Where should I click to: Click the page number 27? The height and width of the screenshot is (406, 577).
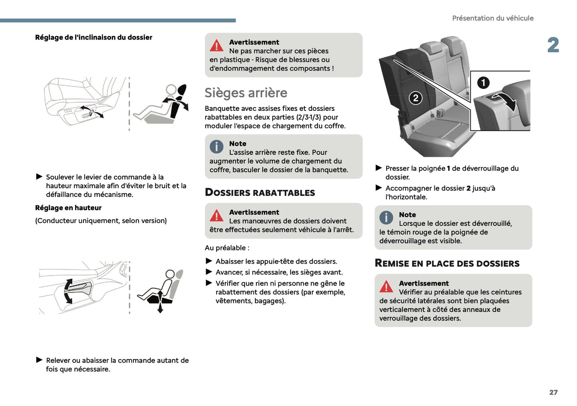pyautogui.click(x=553, y=392)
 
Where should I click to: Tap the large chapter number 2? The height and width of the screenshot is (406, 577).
pyautogui.click(x=553, y=45)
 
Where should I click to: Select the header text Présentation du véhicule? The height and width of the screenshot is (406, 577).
pyautogui.click(x=492, y=18)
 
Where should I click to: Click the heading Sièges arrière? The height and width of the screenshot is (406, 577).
pyautogui.click(x=246, y=93)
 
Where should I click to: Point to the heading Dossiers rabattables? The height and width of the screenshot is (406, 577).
pyautogui.click(x=260, y=193)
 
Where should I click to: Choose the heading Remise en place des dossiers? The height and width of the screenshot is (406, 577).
pyautogui.click(x=447, y=264)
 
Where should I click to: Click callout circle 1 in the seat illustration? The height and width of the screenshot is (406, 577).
pyautogui.click(x=483, y=83)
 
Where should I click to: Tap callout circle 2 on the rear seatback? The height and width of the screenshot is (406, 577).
pyautogui.click(x=415, y=98)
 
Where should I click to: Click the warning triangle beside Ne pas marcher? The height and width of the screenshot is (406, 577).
pyautogui.click(x=216, y=46)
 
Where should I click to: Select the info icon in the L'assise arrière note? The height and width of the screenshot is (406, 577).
pyautogui.click(x=216, y=147)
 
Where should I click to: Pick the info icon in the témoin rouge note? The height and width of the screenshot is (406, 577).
pyautogui.click(x=386, y=218)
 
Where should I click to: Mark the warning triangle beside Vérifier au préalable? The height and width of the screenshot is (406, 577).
pyautogui.click(x=386, y=287)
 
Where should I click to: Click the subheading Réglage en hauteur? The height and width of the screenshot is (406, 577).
pyautogui.click(x=68, y=208)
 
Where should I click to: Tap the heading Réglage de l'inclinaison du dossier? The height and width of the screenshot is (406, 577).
pyautogui.click(x=93, y=37)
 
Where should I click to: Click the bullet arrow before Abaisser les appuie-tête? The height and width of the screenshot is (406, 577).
pyautogui.click(x=208, y=261)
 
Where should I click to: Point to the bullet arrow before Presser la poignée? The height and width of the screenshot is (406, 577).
pyautogui.click(x=379, y=168)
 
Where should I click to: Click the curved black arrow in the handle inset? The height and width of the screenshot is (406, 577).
pyautogui.click(x=506, y=101)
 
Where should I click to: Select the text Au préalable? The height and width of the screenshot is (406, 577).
pyautogui.click(x=226, y=248)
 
